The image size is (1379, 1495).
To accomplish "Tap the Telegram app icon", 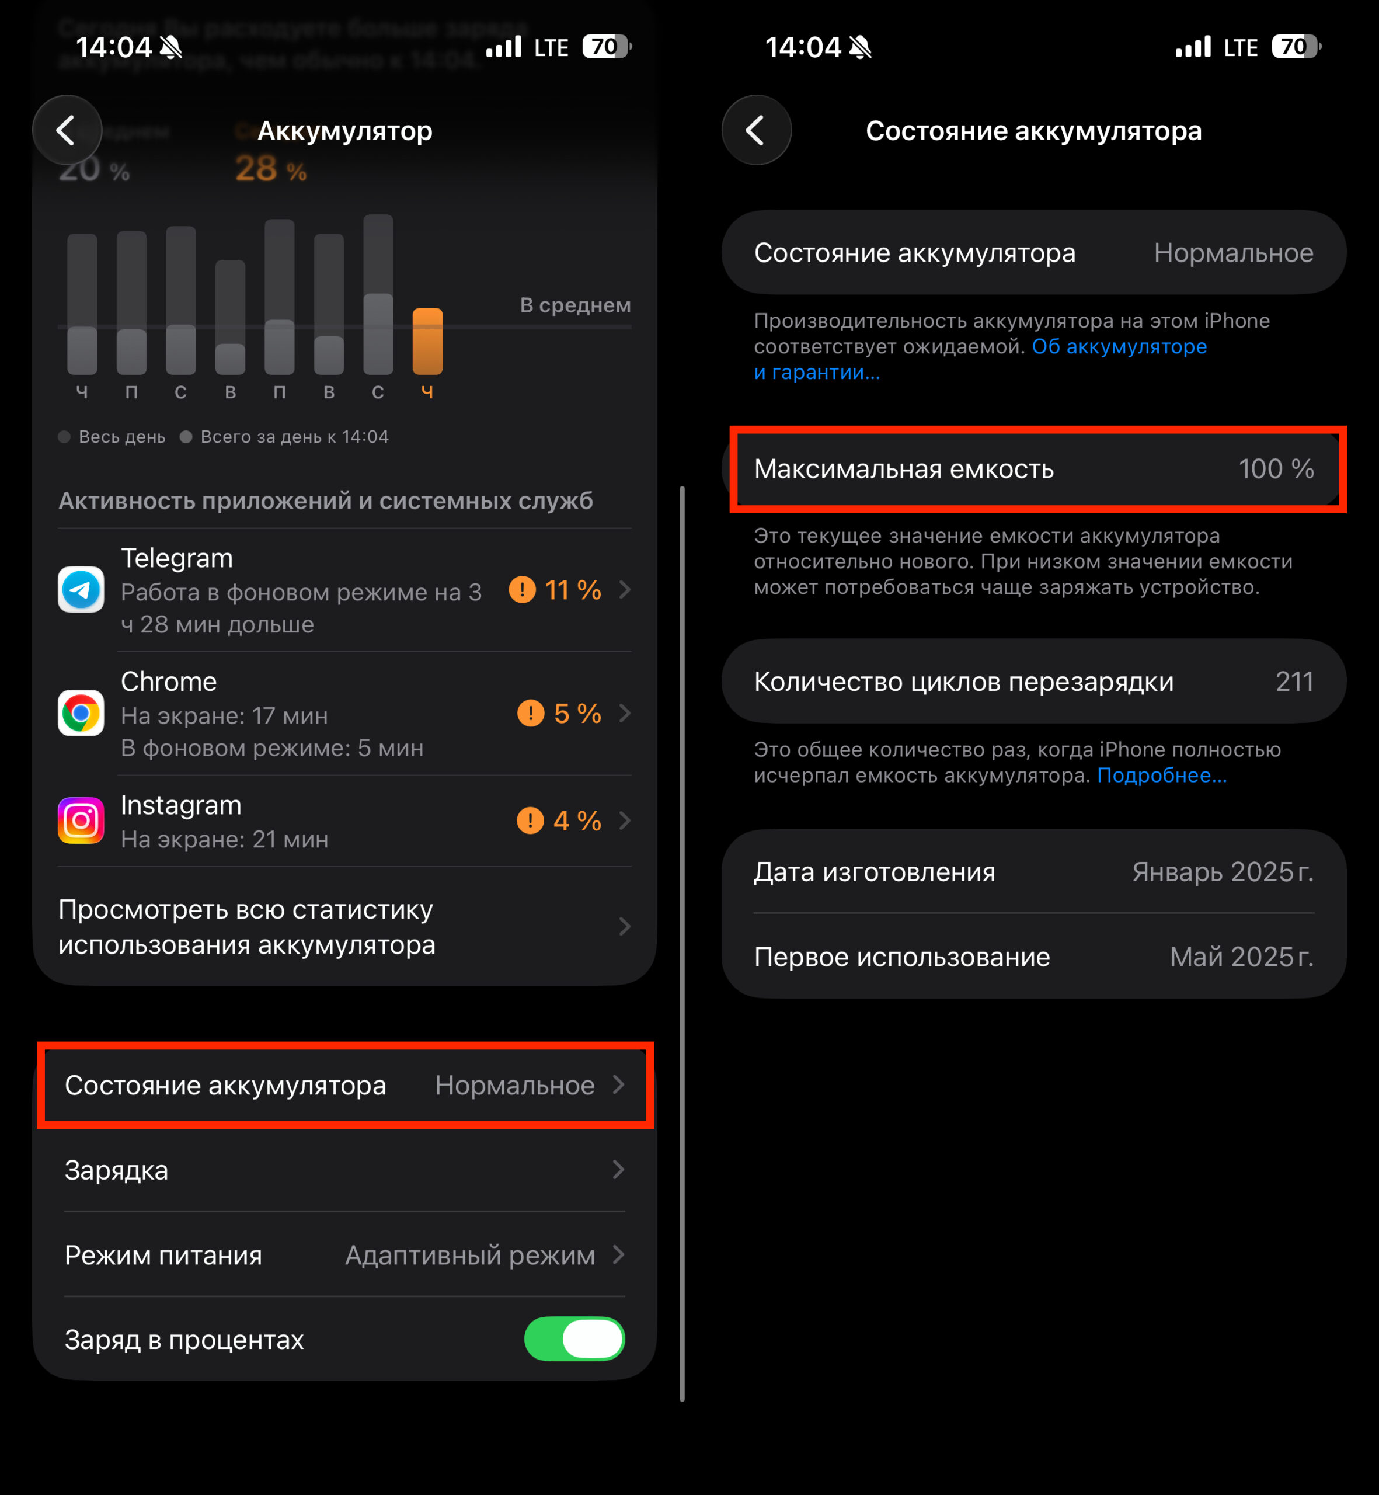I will [x=81, y=590].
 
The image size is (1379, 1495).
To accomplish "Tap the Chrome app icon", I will [x=81, y=713].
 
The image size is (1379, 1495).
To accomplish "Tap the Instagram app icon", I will [x=81, y=820].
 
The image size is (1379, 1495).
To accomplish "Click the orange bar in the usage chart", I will [x=427, y=341].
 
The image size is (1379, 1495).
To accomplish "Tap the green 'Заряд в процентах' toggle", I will [x=574, y=1339].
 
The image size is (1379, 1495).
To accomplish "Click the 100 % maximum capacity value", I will [x=1276, y=469].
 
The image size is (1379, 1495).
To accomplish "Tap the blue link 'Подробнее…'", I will [x=1161, y=776].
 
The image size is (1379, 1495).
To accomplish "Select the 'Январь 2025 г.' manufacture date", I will [x=1223, y=872].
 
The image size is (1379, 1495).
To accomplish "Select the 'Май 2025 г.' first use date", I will [x=1241, y=957].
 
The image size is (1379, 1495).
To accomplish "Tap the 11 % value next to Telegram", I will [x=572, y=590].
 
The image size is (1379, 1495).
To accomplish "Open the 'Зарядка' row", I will [x=343, y=1170].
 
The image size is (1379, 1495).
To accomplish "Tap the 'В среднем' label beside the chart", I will [x=574, y=305].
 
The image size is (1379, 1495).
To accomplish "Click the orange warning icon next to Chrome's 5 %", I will [x=531, y=714].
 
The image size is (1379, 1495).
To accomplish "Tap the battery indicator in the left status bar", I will [x=606, y=47].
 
